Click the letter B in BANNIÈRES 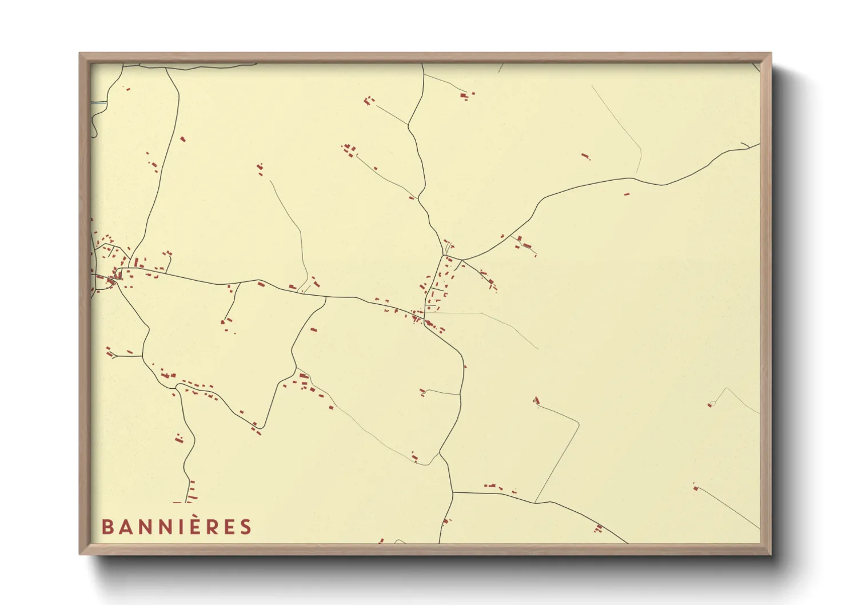tap(107, 527)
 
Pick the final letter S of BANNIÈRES tap(246, 527)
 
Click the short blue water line tap(99, 102)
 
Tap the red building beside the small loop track tap(711, 404)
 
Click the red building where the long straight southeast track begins tap(696, 488)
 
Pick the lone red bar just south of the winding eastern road tap(626, 194)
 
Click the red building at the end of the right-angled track tap(536, 400)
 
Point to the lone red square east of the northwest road tap(182, 138)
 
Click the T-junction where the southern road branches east tap(453, 492)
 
